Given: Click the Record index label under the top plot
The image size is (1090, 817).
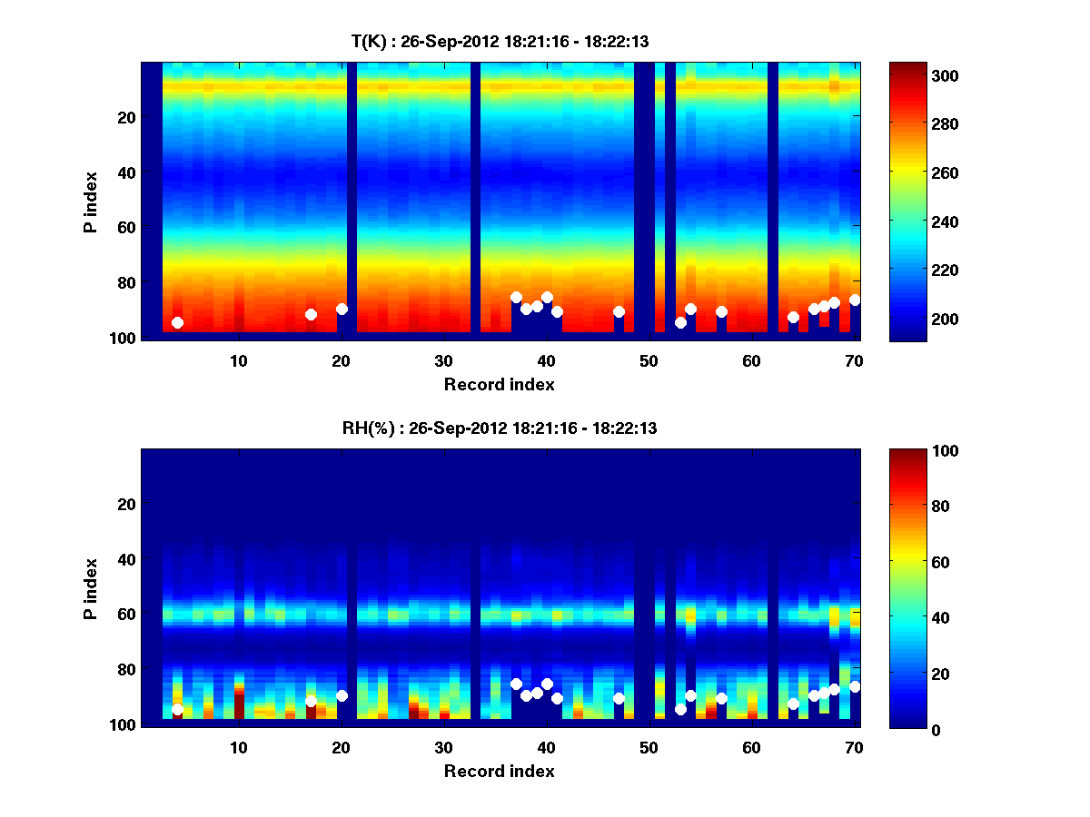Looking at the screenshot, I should pos(499,384).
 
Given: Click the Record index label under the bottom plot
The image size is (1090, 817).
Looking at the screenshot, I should pos(499,771).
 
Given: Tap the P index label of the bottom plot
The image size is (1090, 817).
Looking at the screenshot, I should pos(91,589).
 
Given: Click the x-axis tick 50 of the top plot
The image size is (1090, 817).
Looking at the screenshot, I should pos(649,360).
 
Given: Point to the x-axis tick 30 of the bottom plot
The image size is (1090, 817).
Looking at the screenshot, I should pos(443,747).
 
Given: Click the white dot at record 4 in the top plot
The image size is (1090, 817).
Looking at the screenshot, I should pos(177,322).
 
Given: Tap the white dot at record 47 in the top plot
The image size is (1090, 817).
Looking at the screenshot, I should pos(619,311).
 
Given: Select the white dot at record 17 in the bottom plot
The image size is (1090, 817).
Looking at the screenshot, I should pos(311,701).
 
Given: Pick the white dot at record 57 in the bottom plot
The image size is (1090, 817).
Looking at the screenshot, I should pos(721,698).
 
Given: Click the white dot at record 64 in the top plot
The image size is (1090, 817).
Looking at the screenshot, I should pos(793,317).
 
